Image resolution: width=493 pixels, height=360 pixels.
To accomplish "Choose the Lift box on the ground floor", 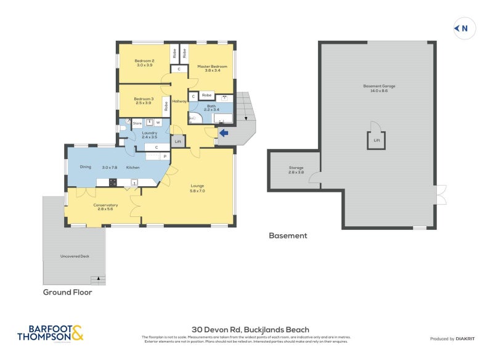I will click(178, 142).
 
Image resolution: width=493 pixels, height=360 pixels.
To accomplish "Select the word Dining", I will click(86, 167).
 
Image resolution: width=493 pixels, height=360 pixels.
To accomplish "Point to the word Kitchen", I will click(133, 167).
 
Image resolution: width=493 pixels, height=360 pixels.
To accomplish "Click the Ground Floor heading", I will click(67, 292).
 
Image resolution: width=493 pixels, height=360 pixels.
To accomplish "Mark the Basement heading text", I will click(288, 235).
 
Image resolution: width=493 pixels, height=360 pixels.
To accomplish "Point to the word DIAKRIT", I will click(468, 339).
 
